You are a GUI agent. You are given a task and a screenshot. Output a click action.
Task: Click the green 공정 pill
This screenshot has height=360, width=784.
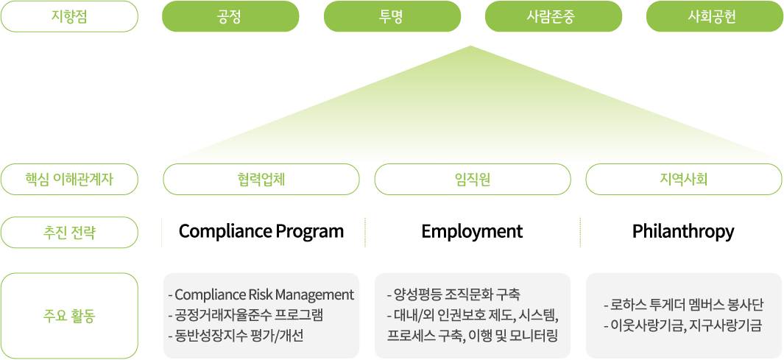pyautogui.click(x=230, y=16)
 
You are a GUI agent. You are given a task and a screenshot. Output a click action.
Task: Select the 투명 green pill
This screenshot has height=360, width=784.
pyautogui.click(x=392, y=16)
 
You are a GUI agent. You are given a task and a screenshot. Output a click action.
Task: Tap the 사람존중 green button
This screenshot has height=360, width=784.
pyautogui.click(x=554, y=16)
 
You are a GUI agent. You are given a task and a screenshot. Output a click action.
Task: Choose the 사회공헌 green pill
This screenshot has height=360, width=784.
pyautogui.click(x=715, y=16)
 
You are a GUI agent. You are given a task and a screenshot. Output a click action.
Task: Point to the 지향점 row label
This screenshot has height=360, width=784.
pyautogui.click(x=69, y=16)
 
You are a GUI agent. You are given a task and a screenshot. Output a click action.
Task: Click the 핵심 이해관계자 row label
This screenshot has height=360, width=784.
pyautogui.click(x=69, y=179)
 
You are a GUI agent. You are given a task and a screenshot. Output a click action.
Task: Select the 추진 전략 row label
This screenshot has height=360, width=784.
pyautogui.click(x=69, y=233)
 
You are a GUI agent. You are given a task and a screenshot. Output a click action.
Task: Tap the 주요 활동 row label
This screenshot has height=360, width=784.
pyautogui.click(x=69, y=316)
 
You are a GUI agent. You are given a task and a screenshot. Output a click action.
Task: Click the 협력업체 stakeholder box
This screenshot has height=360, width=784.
pyautogui.click(x=261, y=179)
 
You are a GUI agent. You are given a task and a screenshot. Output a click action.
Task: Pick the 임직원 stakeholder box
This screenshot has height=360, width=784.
pyautogui.click(x=473, y=179)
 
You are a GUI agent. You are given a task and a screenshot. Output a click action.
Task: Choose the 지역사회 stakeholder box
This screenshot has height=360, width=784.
pyautogui.click(x=683, y=179)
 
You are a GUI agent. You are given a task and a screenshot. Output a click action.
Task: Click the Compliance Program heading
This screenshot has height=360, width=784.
pyautogui.click(x=261, y=232)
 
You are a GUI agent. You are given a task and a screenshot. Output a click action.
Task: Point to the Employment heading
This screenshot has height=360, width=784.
pyautogui.click(x=472, y=232)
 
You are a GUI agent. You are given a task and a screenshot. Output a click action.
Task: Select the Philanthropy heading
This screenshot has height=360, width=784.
pyautogui.click(x=683, y=231)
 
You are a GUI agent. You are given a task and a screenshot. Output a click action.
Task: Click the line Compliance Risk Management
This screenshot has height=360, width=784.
pyautogui.click(x=261, y=294)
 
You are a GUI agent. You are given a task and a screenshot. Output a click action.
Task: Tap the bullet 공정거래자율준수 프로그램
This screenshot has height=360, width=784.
pyautogui.click(x=246, y=316)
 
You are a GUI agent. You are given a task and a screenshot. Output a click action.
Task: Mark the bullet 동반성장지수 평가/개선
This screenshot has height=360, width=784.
pyautogui.click(x=236, y=336)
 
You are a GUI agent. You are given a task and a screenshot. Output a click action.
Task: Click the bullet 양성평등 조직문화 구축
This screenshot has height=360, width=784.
pyautogui.click(x=453, y=294)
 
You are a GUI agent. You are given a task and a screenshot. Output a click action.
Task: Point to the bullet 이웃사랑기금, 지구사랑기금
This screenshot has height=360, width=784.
pyautogui.click(x=683, y=326)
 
